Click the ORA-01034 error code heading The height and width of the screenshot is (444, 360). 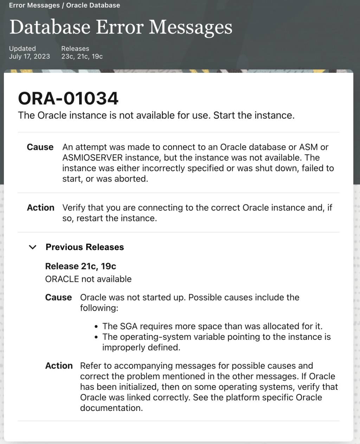pos(68,98)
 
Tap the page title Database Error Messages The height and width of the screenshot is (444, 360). pos(121,27)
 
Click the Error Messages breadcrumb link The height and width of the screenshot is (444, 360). pos(34,5)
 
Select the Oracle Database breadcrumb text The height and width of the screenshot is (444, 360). pos(93,5)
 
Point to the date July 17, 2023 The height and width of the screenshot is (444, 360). pos(30,56)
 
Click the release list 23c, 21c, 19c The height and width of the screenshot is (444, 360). pos(82,56)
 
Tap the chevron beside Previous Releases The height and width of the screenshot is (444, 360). pos(33,247)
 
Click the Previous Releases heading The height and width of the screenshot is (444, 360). pos(85,247)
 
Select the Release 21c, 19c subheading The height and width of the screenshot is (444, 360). pos(81,266)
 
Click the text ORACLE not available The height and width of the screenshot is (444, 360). pos(88,279)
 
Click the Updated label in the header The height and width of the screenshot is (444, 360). pos(22,49)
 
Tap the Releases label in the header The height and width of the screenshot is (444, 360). pos(75,49)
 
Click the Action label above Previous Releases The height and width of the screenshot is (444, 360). pos(41,208)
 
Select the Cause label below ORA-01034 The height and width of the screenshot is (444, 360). pos(40,147)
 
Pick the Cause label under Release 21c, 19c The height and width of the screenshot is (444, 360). pos(58,297)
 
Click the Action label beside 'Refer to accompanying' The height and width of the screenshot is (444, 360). pos(59,366)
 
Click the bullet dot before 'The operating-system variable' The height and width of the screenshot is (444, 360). pos(96,337)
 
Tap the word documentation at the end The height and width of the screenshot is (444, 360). pos(111,408)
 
